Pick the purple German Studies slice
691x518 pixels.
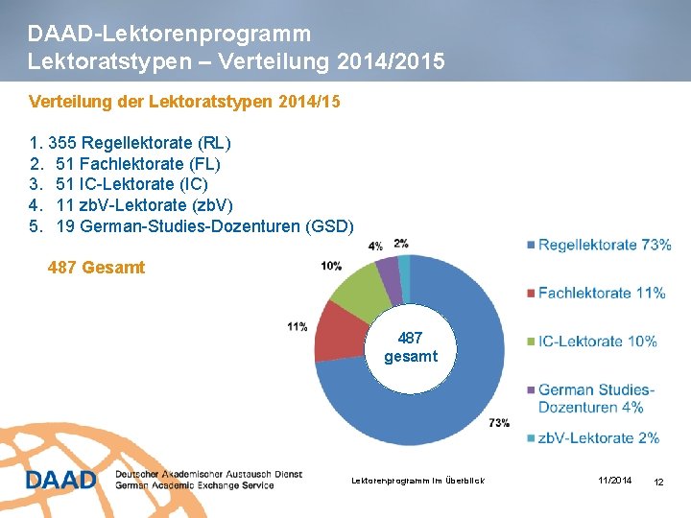point(389,268)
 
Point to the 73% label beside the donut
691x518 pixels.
point(498,422)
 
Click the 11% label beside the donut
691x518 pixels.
point(297,327)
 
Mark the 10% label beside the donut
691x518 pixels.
point(331,266)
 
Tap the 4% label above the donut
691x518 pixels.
point(374,247)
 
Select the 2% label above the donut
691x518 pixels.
point(400,244)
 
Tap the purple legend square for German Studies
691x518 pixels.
point(531,389)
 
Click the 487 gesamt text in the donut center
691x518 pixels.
point(410,347)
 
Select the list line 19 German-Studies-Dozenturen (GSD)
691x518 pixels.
point(203,226)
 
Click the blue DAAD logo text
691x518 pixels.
point(60,479)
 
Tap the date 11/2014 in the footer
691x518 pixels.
point(614,480)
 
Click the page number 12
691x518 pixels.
point(658,481)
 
